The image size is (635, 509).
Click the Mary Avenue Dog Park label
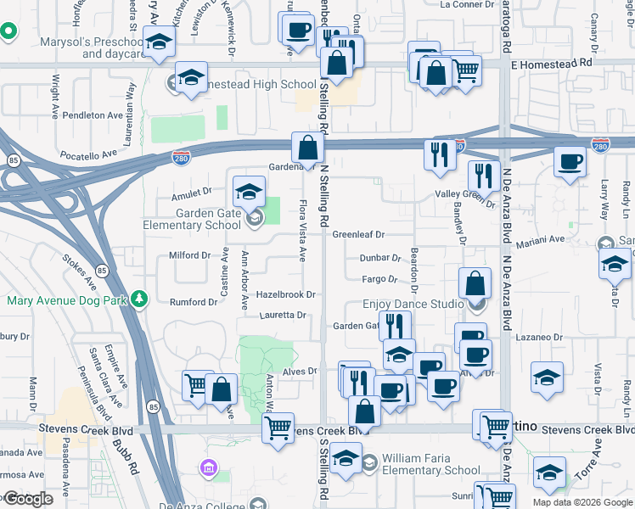click(x=66, y=300)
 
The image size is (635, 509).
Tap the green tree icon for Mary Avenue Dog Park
click(x=140, y=299)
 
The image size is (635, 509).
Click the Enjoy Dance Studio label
click(x=412, y=304)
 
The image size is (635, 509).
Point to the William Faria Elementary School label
click(x=430, y=464)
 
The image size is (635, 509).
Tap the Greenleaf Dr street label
click(x=358, y=234)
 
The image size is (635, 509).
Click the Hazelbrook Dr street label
click(x=286, y=294)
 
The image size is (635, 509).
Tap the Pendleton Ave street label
click(x=93, y=115)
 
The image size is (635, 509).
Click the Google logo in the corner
click(x=28, y=499)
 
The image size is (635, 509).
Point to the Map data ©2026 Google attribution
click(x=582, y=502)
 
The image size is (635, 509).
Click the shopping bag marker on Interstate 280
click(x=307, y=148)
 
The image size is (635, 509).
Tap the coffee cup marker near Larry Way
click(x=570, y=162)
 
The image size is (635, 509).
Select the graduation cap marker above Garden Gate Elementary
click(x=249, y=192)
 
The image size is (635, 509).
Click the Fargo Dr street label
click(x=379, y=278)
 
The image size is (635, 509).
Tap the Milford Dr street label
click(x=189, y=255)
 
